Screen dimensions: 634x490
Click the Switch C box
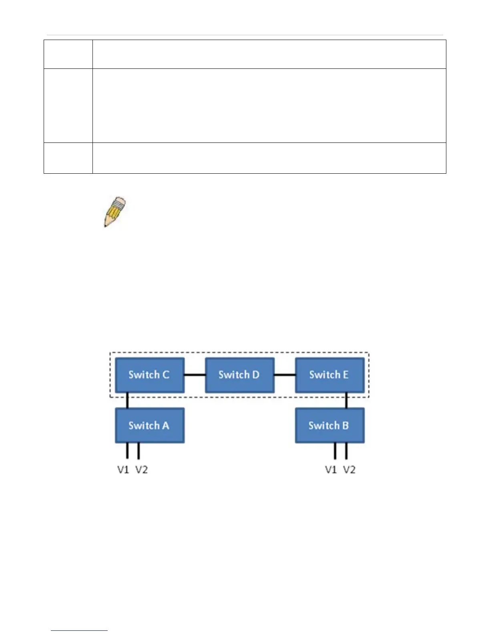point(149,375)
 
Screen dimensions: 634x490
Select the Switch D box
point(239,375)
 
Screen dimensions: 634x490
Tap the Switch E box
point(329,375)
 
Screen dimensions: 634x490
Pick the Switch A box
point(149,425)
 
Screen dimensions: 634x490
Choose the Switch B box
point(329,425)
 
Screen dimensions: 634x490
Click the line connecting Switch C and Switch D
point(195,375)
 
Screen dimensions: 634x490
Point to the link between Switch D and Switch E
point(285,375)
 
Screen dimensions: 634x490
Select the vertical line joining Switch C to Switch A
point(127,400)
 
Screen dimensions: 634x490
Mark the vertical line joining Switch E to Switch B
point(346,400)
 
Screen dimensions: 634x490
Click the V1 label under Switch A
point(123,469)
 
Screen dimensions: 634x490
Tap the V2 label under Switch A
point(141,469)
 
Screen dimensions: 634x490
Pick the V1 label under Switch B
point(331,469)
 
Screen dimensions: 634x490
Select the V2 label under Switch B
point(349,469)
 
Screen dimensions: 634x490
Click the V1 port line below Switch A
point(127,451)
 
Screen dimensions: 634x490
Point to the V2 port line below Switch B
point(346,451)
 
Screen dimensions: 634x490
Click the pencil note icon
point(115,212)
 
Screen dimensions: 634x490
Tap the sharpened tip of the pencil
point(106,226)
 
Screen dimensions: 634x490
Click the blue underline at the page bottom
point(79,630)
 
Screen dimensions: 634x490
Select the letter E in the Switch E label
point(345,375)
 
